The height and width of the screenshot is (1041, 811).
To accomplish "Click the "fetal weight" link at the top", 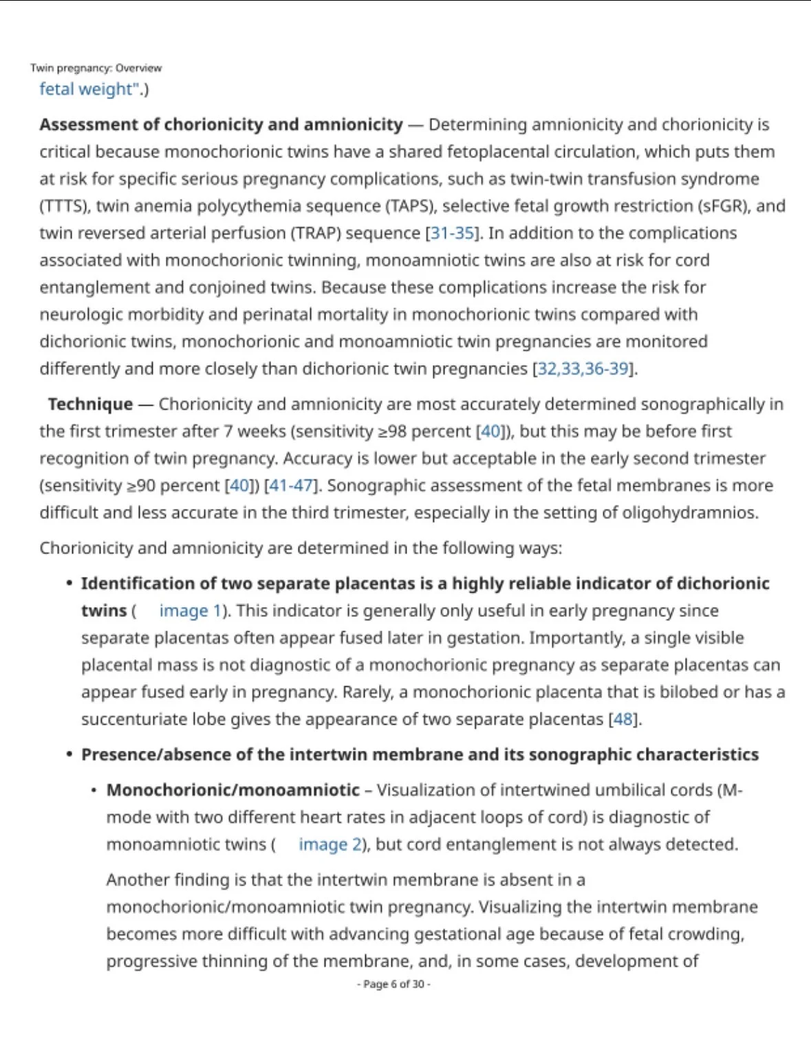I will pos(85,89).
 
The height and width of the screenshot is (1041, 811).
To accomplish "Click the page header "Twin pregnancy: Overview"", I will pos(96,68).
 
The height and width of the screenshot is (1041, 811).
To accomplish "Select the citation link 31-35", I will pos(453,233).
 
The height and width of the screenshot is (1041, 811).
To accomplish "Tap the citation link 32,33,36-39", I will pos(583,369).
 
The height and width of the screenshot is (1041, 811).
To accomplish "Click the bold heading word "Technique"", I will pos(90,404).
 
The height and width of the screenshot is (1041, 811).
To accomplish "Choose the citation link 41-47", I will pos(291,485).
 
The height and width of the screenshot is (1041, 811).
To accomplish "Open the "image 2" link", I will pos(329,844).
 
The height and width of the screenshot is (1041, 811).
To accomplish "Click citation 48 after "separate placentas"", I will pos(623,719).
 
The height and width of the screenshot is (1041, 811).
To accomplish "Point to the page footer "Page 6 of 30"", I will pos(393,984).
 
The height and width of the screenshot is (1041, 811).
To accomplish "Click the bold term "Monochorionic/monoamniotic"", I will pos(233,790).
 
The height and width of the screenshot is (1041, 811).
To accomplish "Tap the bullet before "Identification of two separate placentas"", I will pos(69,583).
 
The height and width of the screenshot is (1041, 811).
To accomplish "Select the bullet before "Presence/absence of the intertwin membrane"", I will pos(69,754).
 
